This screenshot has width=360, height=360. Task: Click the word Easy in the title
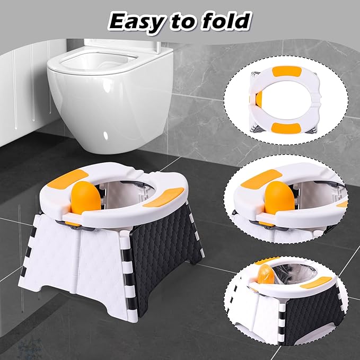pos(135,20)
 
